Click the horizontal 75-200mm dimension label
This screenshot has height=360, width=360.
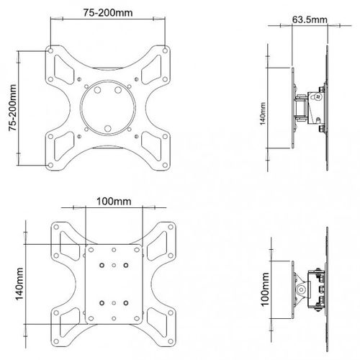pos(108,13)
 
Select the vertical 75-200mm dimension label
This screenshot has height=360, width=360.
pos(12,108)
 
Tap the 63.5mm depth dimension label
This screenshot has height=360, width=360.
pos(310,19)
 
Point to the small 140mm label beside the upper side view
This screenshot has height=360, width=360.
pos(263,114)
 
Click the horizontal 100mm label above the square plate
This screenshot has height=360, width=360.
pos(114,202)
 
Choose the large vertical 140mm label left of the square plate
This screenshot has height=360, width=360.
pos(19,284)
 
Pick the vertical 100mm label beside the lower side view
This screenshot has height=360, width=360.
pos(265,289)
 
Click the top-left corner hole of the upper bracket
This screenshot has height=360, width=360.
pos(50,51)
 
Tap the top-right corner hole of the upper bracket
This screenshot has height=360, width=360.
pos(165,50)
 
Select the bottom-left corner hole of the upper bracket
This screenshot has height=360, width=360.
pos(50,165)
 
